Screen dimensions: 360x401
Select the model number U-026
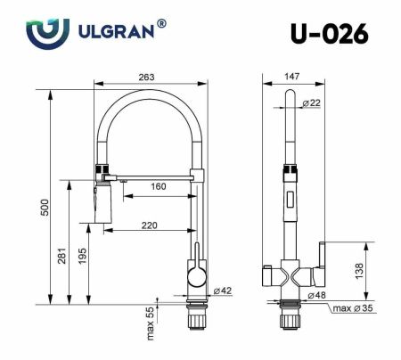[x=327, y=34]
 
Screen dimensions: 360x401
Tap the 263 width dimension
[x=146, y=78]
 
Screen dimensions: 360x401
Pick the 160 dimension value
[x=157, y=186]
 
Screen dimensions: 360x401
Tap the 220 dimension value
[x=149, y=225]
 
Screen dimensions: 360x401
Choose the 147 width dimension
[x=291, y=78]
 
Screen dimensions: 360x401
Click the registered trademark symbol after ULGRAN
[x=161, y=24]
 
